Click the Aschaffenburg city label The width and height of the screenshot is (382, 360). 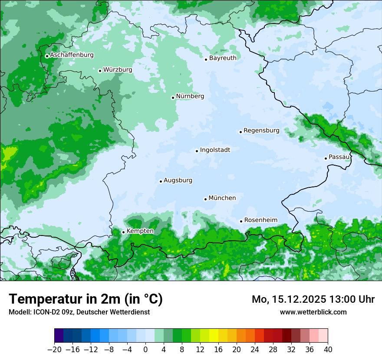pos(72,55)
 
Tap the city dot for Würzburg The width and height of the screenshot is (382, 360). pos(100,71)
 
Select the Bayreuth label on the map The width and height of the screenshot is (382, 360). pos(223,58)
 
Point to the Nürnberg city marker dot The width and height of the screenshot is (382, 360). pos(173,98)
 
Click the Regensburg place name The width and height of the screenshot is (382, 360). pos(261,131)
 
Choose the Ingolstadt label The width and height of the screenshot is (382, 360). pos(215,150)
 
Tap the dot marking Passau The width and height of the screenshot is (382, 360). pos(326,158)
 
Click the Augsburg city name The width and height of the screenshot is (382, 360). pos(178,180)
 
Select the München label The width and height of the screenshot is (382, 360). pos(222,198)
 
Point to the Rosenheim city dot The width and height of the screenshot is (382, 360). pos(241,221)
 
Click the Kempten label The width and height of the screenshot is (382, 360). pos(140,231)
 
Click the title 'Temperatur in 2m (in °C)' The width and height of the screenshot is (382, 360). pos(86,299)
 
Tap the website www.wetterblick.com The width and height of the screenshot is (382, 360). pos(313,312)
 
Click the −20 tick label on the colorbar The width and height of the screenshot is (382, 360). pos(54,350)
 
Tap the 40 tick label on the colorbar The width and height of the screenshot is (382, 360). pos(328,350)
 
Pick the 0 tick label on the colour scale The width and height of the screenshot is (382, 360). pos(145,350)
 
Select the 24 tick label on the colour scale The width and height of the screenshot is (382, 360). pos(255,350)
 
